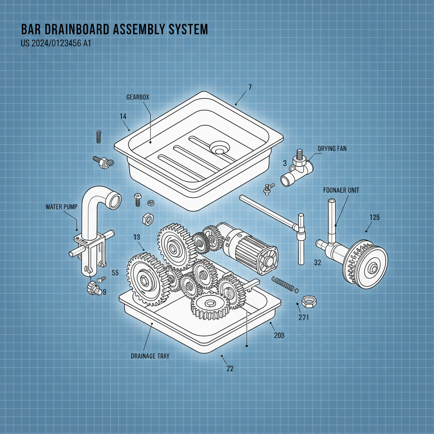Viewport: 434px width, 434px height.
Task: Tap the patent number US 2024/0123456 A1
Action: point(56,43)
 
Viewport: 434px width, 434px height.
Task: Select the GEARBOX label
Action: point(138,97)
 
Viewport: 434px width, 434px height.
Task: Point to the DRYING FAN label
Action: point(332,149)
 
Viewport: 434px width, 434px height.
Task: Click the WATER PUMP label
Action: point(61,207)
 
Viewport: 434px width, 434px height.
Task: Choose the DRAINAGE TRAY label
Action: point(150,356)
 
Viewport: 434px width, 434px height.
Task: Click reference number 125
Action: point(374,218)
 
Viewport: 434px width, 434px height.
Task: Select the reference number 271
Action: point(303,317)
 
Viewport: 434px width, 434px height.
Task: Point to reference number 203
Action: point(278,335)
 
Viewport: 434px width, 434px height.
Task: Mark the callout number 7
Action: point(250,87)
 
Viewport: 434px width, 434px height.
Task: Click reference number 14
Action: point(123,116)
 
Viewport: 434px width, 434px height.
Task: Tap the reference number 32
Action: point(317,262)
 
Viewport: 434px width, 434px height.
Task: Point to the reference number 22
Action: point(230,369)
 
